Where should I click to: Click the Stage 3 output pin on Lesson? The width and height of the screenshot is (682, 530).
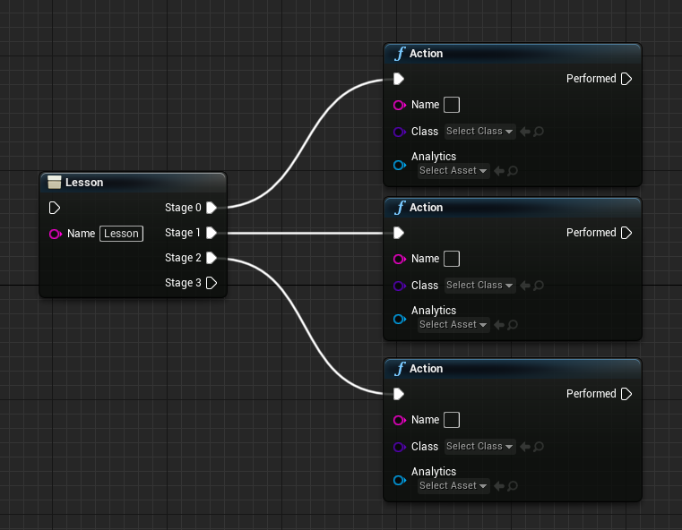coord(212,283)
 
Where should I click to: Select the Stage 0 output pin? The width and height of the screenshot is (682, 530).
coord(212,208)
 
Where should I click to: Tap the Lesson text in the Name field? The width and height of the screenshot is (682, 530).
coord(121,234)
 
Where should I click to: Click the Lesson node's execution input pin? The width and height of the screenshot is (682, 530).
coord(55,208)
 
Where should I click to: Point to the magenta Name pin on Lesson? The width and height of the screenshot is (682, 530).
coord(56,235)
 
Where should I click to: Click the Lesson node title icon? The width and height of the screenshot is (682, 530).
coord(55,182)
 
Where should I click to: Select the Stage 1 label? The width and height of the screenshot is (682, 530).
coord(183,233)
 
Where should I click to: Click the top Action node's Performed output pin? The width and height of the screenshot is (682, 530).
coord(626,79)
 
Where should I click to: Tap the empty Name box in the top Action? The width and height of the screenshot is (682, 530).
coord(452,105)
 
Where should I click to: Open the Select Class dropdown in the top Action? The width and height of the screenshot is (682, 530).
coord(479,132)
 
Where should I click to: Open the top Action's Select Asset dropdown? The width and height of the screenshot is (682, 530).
coord(453,170)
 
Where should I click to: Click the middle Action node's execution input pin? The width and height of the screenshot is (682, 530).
coord(399,233)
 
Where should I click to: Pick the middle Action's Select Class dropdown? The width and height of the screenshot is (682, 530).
coord(479,285)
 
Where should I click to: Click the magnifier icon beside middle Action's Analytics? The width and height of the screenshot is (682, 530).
coord(513,324)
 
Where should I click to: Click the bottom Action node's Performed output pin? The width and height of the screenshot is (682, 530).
coord(626,394)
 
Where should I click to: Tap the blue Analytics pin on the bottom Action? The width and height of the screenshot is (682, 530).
coord(400,480)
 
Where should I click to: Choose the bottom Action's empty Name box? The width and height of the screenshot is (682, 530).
coord(452,420)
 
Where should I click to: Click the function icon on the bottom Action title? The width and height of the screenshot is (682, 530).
coord(400,368)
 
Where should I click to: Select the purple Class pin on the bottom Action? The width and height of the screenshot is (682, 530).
coord(400,447)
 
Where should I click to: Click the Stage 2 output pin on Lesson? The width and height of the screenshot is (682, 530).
coord(212,258)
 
